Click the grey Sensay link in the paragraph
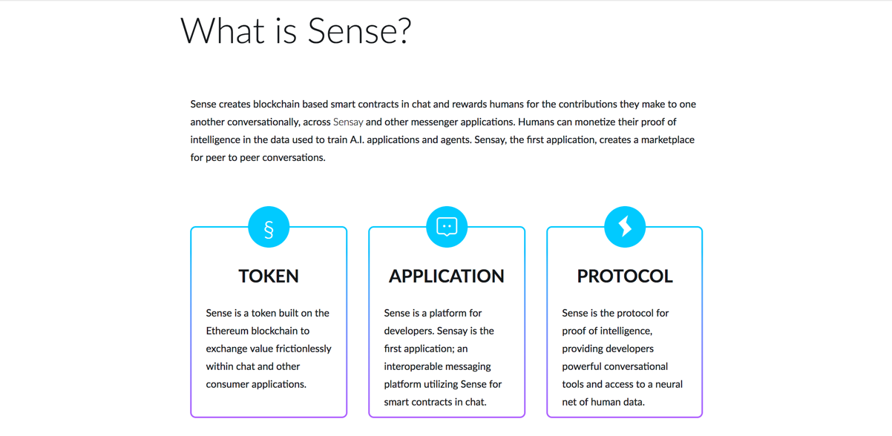[x=348, y=122]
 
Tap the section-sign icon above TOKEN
[x=269, y=227]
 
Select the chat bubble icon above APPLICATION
[x=447, y=227]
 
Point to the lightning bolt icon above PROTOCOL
[x=625, y=227]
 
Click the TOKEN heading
[x=269, y=276]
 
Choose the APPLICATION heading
[x=447, y=276]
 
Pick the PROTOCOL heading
[x=625, y=276]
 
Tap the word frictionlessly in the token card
[x=304, y=349]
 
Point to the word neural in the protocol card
[x=669, y=384]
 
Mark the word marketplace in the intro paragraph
[x=668, y=140]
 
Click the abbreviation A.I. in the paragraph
[x=357, y=140]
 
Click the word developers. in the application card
[x=409, y=331]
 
